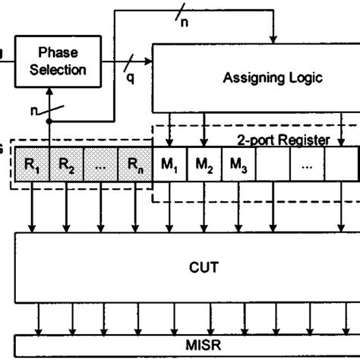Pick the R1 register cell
[33, 163]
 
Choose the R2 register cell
[66, 163]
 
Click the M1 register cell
[171, 163]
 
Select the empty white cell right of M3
[273, 163]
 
